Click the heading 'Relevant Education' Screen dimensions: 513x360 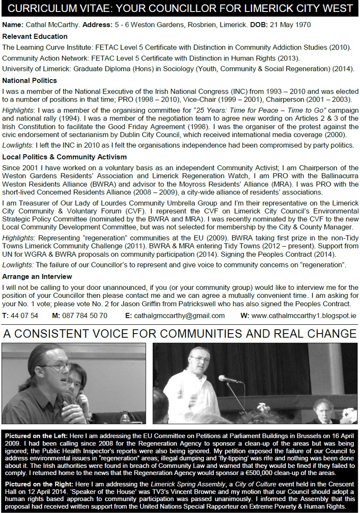[x=35, y=36]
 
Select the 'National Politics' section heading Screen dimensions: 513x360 [x=30, y=80]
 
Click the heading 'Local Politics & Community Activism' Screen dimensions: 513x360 [x=64, y=157]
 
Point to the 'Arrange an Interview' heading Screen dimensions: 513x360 [x=37, y=277]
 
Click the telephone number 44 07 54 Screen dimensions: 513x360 [x=24, y=315]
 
